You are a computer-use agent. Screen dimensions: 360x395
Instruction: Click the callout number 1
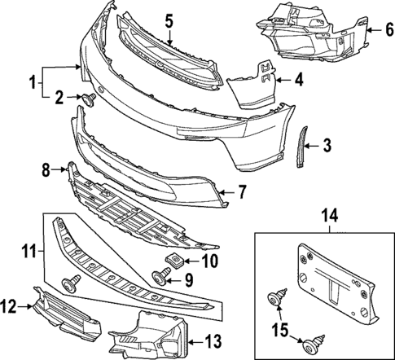pos(33,82)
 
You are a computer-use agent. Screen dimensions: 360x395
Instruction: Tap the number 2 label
pos(59,98)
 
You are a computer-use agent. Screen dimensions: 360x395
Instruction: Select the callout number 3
pos(327,146)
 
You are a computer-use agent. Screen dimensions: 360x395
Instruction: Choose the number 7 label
pos(241,192)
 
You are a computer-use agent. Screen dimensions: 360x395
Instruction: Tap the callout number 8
pos(46,169)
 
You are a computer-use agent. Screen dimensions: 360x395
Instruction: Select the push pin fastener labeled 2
pos(88,99)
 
